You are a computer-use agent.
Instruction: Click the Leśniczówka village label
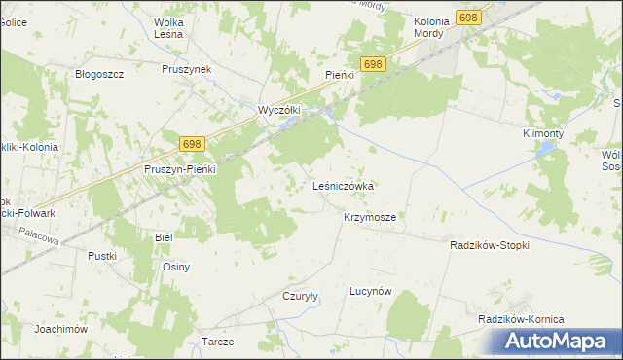pyautogui.click(x=344, y=185)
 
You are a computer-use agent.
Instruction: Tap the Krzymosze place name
pyautogui.click(x=369, y=218)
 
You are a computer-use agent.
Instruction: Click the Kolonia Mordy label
pyautogui.click(x=428, y=27)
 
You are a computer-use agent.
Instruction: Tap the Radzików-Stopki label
pyautogui.click(x=490, y=246)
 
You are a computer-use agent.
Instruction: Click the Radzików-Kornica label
pyautogui.click(x=521, y=319)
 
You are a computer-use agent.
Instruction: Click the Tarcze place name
pyautogui.click(x=218, y=342)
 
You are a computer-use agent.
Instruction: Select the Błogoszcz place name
pyautogui.click(x=97, y=73)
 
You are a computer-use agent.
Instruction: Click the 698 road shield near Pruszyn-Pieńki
pyautogui.click(x=192, y=144)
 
